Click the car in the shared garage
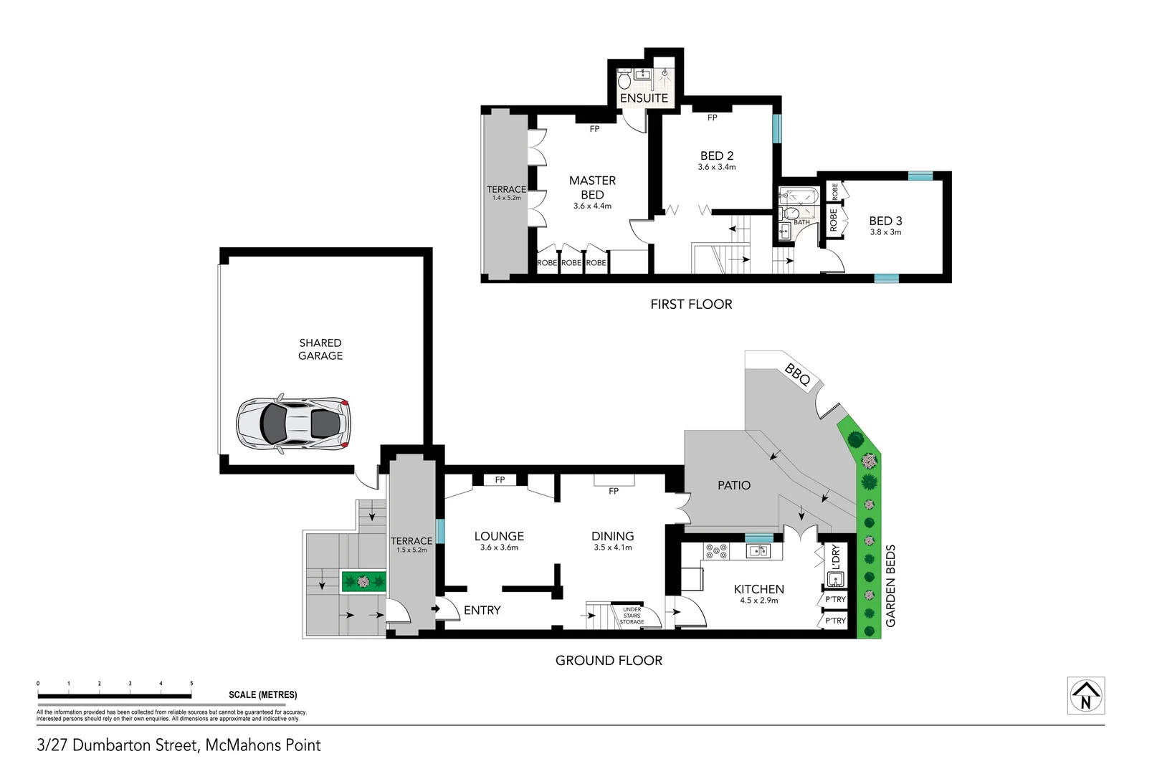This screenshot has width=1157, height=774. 294,424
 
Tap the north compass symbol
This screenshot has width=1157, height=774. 1085,696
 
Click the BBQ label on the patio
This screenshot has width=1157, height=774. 797,374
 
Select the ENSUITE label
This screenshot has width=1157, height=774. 644,98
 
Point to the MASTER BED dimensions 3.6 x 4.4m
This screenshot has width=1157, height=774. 592,206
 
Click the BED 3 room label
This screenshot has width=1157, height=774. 885,221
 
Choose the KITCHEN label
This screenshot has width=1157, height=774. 758,589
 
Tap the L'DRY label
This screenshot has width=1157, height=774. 835,557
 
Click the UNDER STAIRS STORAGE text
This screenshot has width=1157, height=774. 632,616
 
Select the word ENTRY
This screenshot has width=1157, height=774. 482,610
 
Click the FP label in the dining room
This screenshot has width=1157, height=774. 613,491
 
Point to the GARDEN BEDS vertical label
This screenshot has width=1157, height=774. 891,586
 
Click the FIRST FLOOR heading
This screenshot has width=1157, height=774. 691,304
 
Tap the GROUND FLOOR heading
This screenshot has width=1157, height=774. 609,660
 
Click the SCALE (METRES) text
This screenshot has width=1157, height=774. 262,694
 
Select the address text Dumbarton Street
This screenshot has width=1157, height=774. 135,745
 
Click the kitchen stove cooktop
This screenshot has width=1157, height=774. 716,551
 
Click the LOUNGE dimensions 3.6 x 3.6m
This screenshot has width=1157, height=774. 499,548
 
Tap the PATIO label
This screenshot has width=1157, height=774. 734,485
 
